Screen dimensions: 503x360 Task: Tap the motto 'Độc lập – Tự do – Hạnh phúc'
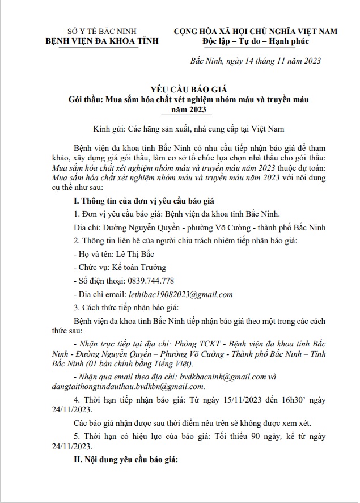(255, 40)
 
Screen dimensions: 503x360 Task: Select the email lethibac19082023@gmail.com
(180, 295)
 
